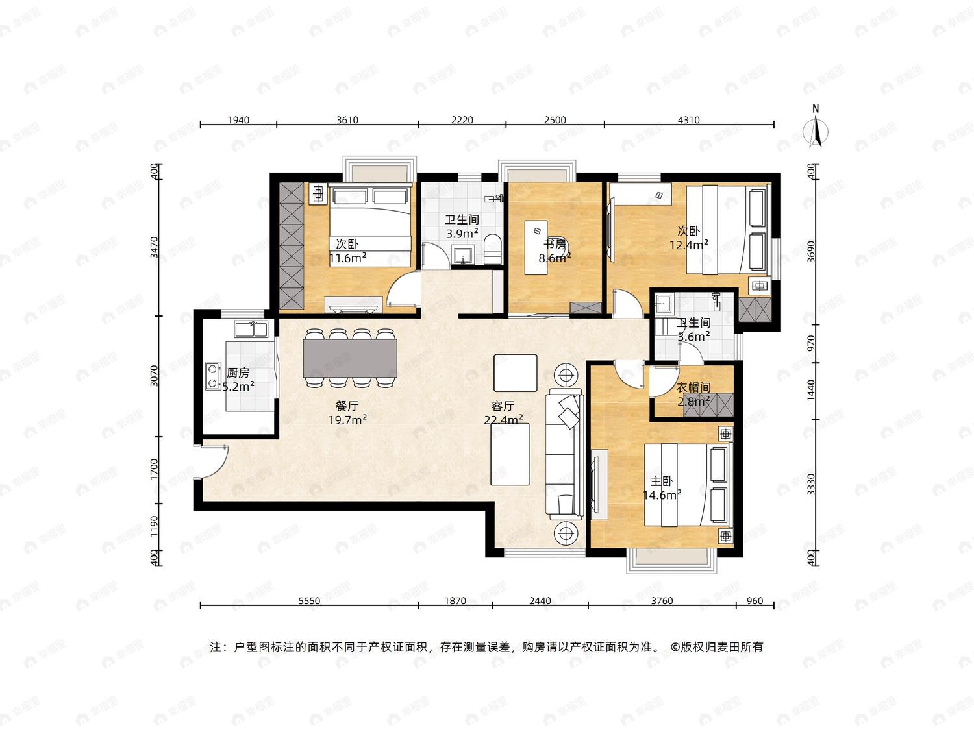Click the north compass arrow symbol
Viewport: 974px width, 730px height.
[816, 132]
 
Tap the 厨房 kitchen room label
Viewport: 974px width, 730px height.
[238, 372]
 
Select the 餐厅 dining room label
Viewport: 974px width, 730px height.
[347, 406]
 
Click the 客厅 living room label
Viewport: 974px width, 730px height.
[503, 406]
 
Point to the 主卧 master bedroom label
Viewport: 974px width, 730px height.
[662, 480]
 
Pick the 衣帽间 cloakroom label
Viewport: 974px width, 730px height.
[693, 387]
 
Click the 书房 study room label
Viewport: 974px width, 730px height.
[555, 244]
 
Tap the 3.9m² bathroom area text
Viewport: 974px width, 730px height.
[462, 233]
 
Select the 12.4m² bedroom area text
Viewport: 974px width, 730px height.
[689, 245]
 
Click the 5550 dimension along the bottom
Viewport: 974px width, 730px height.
[309, 601]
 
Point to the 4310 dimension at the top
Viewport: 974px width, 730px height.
[689, 119]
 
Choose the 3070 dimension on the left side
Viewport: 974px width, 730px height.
[154, 376]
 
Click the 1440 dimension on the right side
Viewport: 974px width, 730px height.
[811, 391]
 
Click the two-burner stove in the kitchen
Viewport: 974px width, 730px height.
[214, 376]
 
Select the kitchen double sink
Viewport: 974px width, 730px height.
[251, 330]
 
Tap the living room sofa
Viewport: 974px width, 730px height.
[564, 454]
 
